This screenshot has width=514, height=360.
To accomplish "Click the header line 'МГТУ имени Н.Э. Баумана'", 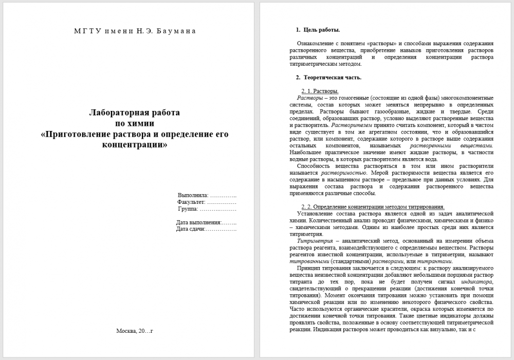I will (x=135, y=31).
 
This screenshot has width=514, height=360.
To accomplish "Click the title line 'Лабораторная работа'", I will (x=135, y=112).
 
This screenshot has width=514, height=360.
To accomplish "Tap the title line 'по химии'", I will (x=135, y=123).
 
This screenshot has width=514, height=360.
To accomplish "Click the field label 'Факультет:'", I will (x=193, y=202).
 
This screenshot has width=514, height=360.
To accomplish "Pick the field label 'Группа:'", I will (x=188, y=210).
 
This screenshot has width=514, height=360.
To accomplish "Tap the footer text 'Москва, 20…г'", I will (x=135, y=330).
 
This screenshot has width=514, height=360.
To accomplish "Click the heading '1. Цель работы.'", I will (x=318, y=30).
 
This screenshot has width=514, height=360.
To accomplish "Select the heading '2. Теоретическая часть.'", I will (x=328, y=78).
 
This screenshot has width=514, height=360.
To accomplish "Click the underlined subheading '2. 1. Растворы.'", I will (x=320, y=91).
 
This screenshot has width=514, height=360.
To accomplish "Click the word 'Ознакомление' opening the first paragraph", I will (x=314, y=44).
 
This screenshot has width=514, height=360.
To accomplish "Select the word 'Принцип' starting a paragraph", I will (x=307, y=268).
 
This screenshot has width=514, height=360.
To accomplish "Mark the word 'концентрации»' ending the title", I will (x=135, y=145).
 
